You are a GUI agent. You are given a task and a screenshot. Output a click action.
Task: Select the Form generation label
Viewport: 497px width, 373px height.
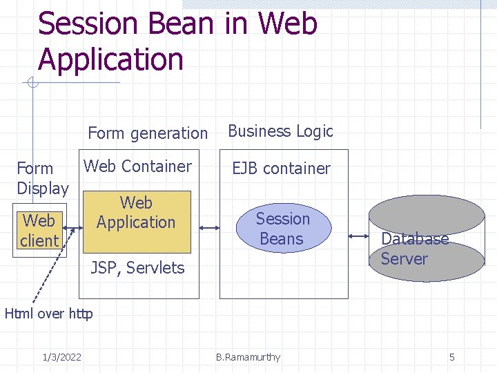pyautogui.click(x=148, y=133)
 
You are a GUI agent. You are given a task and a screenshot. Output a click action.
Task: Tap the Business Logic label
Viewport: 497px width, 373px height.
pyautogui.click(x=280, y=131)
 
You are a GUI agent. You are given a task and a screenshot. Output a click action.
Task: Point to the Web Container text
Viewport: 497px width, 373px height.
pyautogui.click(x=137, y=166)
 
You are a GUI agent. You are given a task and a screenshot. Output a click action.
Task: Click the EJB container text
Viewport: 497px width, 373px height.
pyautogui.click(x=281, y=168)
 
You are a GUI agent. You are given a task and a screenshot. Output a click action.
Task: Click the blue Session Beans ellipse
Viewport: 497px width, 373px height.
pyautogui.click(x=283, y=229)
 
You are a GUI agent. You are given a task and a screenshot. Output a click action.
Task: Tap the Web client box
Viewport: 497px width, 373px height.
pyautogui.click(x=39, y=231)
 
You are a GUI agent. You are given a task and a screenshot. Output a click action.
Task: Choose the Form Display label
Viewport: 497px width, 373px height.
pyautogui.click(x=42, y=178)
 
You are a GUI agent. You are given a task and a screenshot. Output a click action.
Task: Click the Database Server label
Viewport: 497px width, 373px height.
pyautogui.click(x=414, y=249)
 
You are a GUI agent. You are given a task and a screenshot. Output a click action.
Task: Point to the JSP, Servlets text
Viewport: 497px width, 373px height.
pyautogui.click(x=137, y=267)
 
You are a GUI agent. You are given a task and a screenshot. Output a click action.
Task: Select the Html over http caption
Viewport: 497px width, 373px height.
pyautogui.click(x=48, y=314)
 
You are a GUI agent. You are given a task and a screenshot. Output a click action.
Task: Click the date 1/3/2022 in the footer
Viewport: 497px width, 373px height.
pyautogui.click(x=61, y=357)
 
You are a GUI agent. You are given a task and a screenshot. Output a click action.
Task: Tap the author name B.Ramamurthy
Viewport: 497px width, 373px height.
pyautogui.click(x=248, y=357)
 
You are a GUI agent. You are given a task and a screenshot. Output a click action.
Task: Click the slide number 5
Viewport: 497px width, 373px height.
pyautogui.click(x=452, y=357)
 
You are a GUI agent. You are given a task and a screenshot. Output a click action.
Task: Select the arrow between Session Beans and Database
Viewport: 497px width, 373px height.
pyautogui.click(x=359, y=236)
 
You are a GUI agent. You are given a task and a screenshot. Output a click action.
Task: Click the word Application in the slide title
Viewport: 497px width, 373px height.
pyautogui.click(x=110, y=59)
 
